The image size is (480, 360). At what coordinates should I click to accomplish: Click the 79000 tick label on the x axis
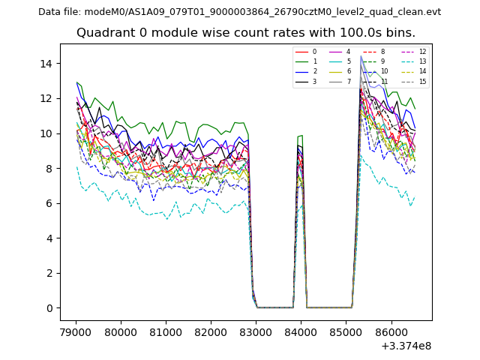(75, 331)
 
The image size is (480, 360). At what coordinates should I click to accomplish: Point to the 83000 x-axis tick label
(256, 331)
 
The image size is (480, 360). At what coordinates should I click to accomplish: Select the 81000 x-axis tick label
(165, 331)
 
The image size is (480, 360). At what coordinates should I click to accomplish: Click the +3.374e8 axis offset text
(406, 346)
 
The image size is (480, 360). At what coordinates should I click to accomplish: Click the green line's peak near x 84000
(301, 136)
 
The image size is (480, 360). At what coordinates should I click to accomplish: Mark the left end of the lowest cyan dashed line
(76, 166)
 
